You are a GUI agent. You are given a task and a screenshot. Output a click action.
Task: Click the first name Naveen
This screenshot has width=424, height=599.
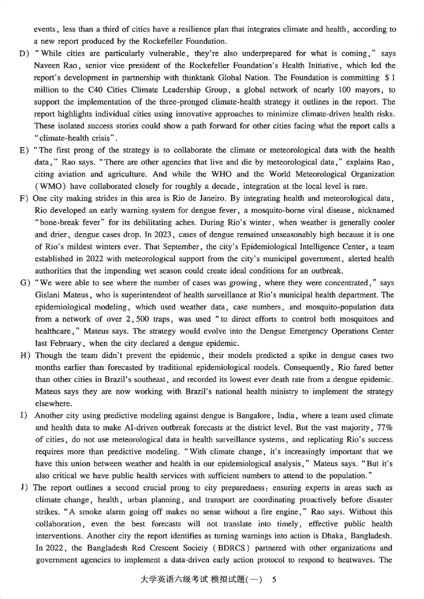(x=47, y=66)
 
